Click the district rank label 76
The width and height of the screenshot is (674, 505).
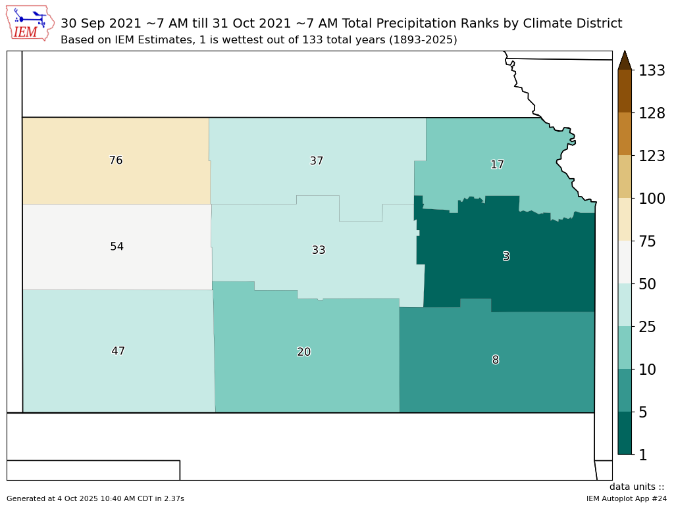tap(116, 160)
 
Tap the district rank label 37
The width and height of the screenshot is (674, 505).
tap(317, 161)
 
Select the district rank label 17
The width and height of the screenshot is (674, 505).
tap(497, 165)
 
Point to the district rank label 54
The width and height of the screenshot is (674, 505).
tap(117, 247)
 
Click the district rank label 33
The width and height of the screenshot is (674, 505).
tap(319, 250)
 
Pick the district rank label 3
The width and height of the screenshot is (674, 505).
tap(506, 256)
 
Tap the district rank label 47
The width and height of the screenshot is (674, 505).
tap(118, 351)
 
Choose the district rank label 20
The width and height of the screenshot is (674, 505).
tap(303, 352)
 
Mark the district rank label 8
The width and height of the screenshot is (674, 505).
tap(496, 360)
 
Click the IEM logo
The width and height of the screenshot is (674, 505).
tap(30, 23)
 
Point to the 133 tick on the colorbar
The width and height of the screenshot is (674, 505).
tap(652, 70)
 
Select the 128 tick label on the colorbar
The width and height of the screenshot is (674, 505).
tap(652, 113)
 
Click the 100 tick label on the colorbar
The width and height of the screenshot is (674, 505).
tap(652, 199)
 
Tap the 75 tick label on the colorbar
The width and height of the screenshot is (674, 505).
tap(648, 241)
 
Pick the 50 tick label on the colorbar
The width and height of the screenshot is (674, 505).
tap(648, 284)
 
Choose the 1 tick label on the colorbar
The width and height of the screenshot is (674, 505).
tap(643, 454)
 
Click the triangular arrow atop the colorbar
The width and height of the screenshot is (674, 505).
tap(625, 60)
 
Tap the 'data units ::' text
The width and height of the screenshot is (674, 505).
tap(636, 487)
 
